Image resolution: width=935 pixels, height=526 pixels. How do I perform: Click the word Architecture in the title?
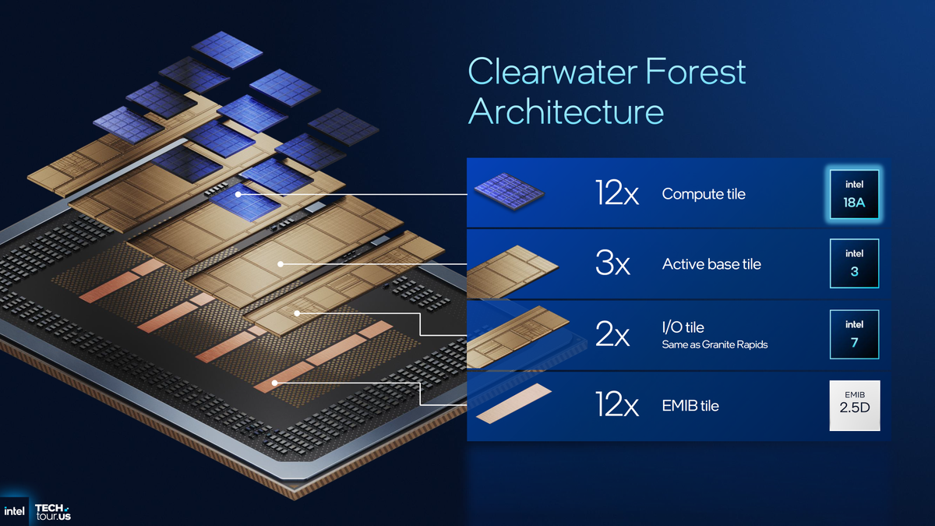tap(566, 111)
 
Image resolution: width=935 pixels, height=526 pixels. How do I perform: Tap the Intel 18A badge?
tap(854, 194)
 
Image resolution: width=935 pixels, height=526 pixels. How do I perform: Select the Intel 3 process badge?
tap(854, 264)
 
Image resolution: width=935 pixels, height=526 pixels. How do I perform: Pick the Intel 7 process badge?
tap(854, 334)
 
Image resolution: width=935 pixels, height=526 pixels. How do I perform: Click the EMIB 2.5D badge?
tap(854, 405)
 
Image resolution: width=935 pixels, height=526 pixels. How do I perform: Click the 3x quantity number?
tap(612, 265)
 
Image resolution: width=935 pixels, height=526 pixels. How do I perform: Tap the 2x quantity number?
tap(612, 336)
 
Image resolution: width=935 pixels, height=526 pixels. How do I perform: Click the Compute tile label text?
tap(704, 194)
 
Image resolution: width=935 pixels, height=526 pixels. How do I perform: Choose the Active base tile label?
tap(711, 264)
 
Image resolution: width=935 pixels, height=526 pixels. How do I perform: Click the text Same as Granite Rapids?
tap(714, 344)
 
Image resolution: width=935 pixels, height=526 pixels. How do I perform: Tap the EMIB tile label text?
tap(690, 406)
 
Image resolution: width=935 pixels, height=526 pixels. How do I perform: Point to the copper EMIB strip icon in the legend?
tap(513, 404)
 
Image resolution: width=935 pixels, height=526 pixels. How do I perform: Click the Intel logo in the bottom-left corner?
tap(14, 511)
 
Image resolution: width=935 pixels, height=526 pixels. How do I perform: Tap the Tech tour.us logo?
tap(52, 511)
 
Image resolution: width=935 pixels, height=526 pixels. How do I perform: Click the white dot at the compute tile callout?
tap(238, 193)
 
